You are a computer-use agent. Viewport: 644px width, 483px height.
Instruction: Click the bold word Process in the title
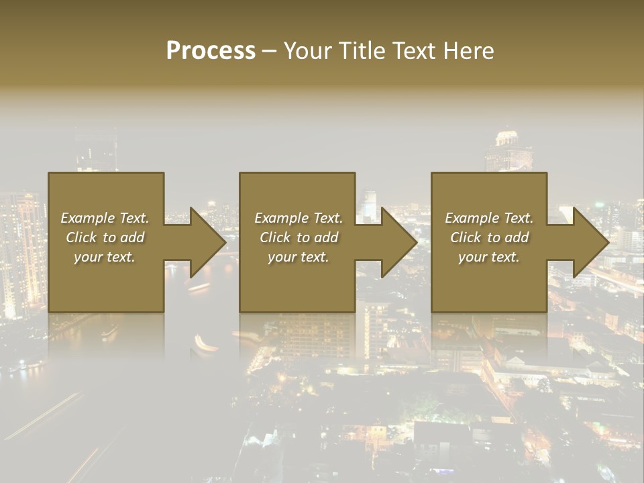(x=211, y=50)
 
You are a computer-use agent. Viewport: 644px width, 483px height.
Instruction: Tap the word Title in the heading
(x=360, y=50)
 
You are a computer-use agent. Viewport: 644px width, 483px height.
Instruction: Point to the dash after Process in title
(x=269, y=51)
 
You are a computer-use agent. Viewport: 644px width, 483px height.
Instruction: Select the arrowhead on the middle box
(x=398, y=242)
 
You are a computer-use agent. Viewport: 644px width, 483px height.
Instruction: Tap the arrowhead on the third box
(x=590, y=242)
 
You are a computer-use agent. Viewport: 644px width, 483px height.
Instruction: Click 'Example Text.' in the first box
(x=105, y=218)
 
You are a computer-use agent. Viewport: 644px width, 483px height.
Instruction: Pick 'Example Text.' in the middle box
(x=299, y=218)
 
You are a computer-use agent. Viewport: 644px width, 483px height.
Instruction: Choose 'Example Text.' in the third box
(x=489, y=218)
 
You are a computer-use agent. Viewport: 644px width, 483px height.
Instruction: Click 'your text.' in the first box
(x=105, y=257)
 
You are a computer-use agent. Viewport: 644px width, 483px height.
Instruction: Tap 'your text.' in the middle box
(x=299, y=257)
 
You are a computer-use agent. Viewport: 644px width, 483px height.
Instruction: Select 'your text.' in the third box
(x=489, y=257)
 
